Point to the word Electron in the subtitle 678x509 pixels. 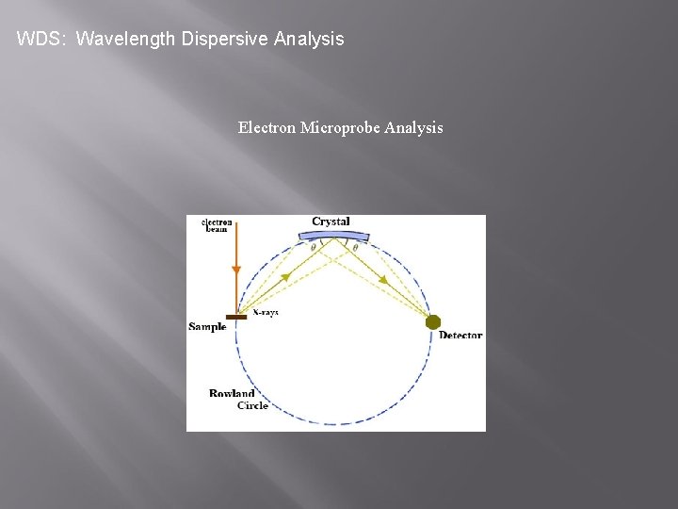coord(266,127)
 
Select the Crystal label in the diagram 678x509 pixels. coord(331,222)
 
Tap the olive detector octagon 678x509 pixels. coord(433,322)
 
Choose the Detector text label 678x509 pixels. coord(460,336)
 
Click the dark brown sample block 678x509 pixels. coord(236,317)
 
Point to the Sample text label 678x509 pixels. coord(207,327)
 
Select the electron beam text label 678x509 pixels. coord(217,225)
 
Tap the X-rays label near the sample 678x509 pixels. coord(266,312)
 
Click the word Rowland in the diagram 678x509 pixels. coord(231,394)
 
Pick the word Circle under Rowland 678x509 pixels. coord(252,405)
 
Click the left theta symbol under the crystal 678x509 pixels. coord(314,248)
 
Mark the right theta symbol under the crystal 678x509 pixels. coord(355,248)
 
